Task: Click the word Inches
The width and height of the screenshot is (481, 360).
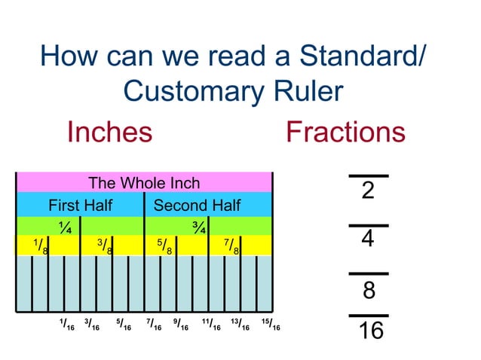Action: point(109,133)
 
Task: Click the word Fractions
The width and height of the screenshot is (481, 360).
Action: point(345,133)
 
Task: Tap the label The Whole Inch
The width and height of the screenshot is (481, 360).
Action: point(144,183)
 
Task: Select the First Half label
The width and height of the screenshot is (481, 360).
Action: point(80,206)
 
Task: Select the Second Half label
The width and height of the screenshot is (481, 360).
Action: point(197,206)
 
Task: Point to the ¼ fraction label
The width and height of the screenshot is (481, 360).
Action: point(66,226)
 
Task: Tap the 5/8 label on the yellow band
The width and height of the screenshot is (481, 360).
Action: point(165,246)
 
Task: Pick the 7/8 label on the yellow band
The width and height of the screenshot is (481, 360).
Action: point(231,246)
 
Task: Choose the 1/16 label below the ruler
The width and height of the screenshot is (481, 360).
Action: point(66,325)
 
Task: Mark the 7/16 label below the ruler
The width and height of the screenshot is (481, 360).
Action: point(154,325)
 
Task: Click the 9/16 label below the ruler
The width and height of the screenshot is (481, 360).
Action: point(181,325)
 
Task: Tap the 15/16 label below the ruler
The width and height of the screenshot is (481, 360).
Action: point(270,325)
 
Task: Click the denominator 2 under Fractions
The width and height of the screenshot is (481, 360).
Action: point(368,191)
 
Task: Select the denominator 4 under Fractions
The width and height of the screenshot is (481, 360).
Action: point(368,239)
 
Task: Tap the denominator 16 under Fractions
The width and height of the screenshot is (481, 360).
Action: point(369,331)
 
